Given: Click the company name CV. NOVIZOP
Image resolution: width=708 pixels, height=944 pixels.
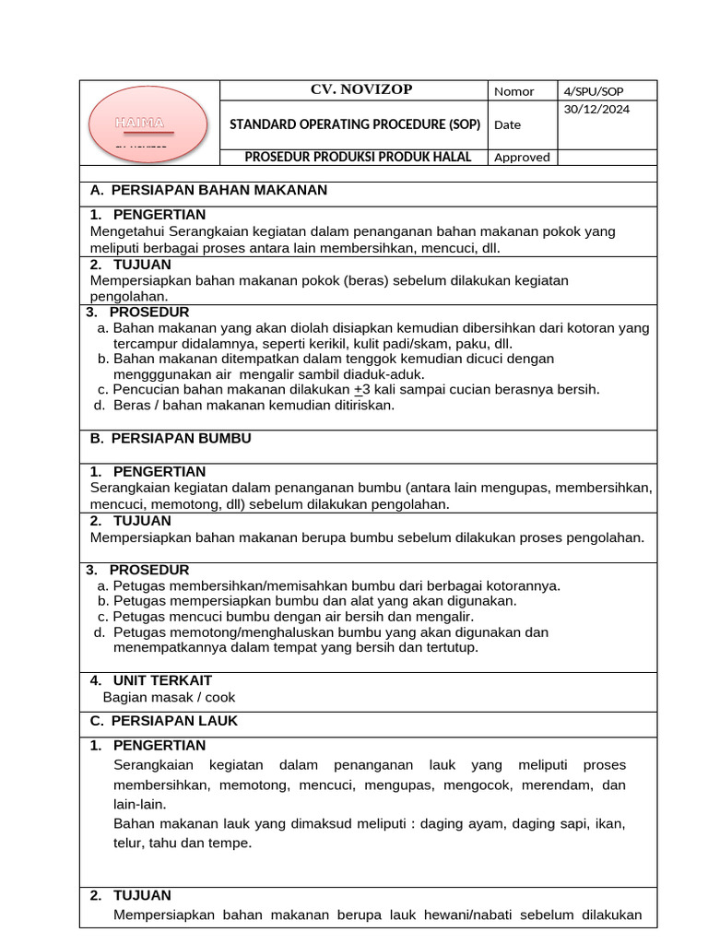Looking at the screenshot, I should pyautogui.click(x=360, y=89).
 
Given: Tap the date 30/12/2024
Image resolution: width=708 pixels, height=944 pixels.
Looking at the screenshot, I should pyautogui.click(x=597, y=108).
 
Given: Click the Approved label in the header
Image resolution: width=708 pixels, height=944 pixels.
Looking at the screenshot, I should pyautogui.click(x=522, y=157).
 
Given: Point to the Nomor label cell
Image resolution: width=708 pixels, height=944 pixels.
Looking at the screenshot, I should pyautogui.click(x=514, y=90).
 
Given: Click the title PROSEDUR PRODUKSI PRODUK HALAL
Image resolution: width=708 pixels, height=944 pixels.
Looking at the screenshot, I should pyautogui.click(x=358, y=157).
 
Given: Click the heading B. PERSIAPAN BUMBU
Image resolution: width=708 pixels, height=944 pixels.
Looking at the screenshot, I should pyautogui.click(x=171, y=439).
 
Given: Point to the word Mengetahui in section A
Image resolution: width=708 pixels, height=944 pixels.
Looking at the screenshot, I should pyautogui.click(x=128, y=231).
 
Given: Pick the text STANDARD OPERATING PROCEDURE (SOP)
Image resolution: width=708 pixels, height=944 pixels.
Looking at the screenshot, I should pyautogui.click(x=355, y=124).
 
